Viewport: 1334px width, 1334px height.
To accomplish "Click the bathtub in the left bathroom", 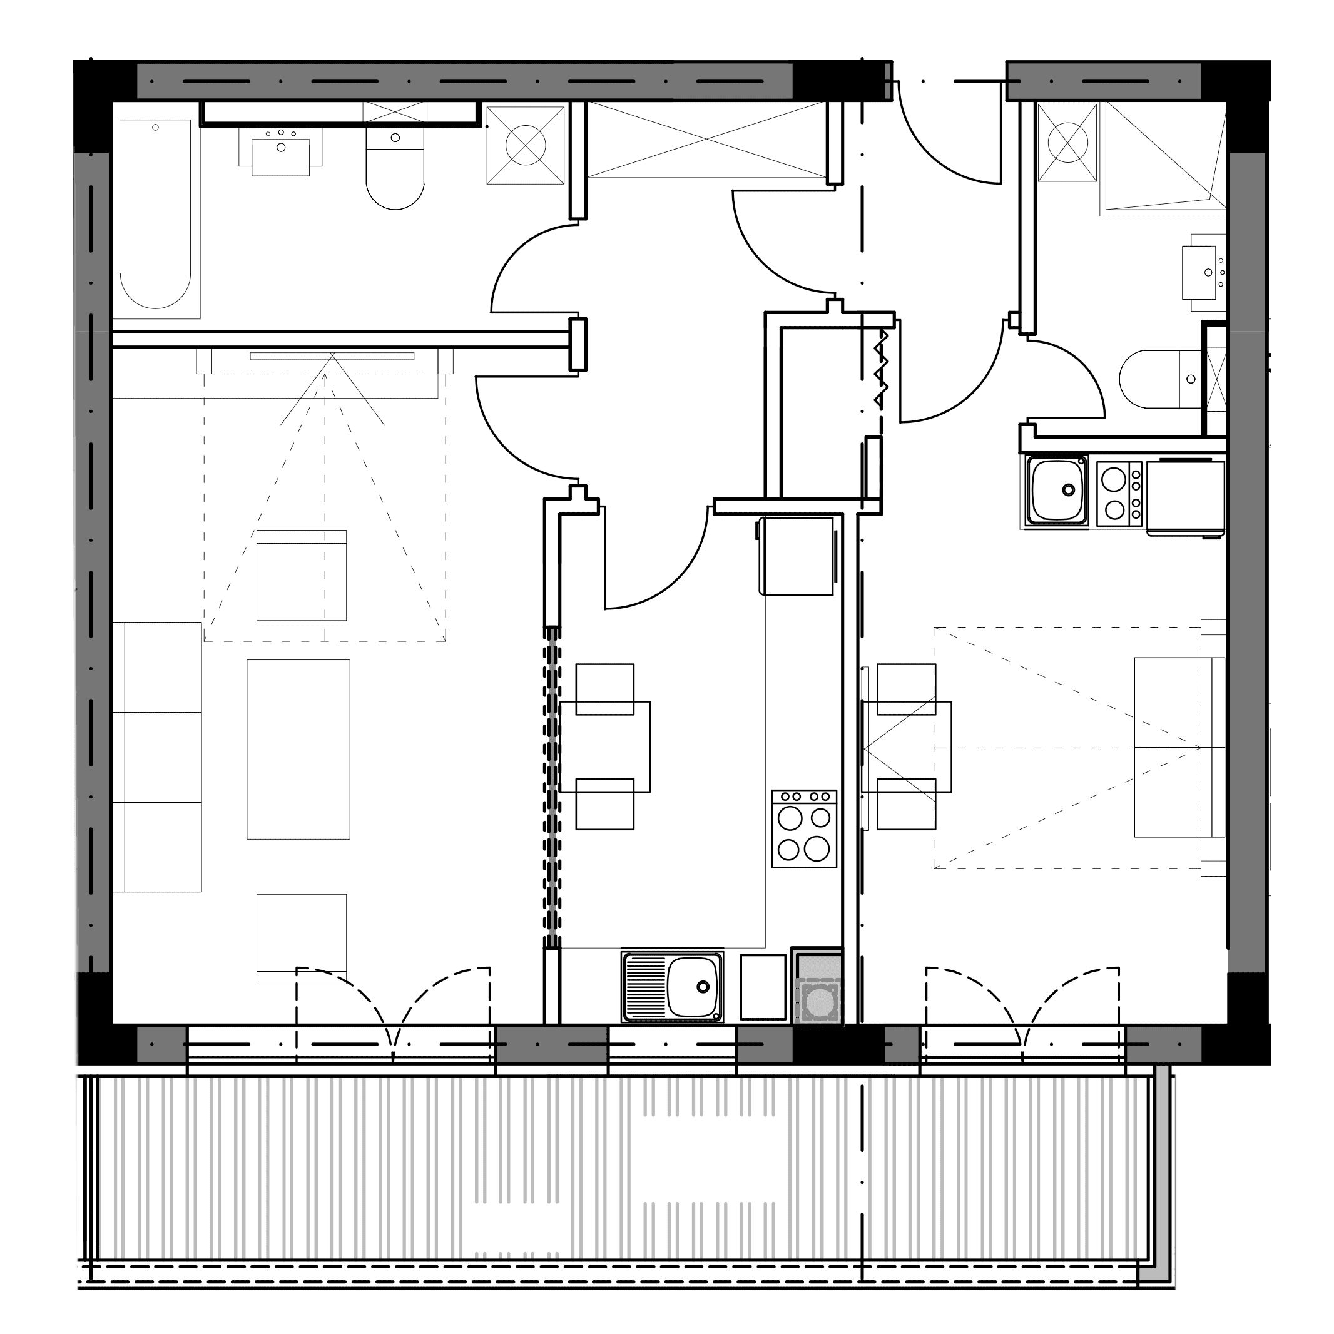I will [155, 214].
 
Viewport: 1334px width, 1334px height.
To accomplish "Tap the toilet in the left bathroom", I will [394, 173].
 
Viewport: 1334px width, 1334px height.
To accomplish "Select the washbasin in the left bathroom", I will [281, 155].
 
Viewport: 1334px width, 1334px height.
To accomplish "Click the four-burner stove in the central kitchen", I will [803, 829].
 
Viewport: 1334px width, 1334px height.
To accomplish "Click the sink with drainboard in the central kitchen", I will [673, 987].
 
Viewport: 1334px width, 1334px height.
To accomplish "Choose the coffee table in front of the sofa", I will [298, 749].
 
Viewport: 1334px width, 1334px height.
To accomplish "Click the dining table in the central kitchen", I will [605, 746].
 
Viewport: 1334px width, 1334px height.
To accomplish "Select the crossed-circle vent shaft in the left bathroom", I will [526, 145].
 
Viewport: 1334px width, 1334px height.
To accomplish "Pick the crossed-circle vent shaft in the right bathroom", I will [1067, 142].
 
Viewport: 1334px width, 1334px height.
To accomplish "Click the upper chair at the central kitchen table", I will [605, 688].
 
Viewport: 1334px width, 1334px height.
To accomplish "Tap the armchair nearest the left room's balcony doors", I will [302, 938].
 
